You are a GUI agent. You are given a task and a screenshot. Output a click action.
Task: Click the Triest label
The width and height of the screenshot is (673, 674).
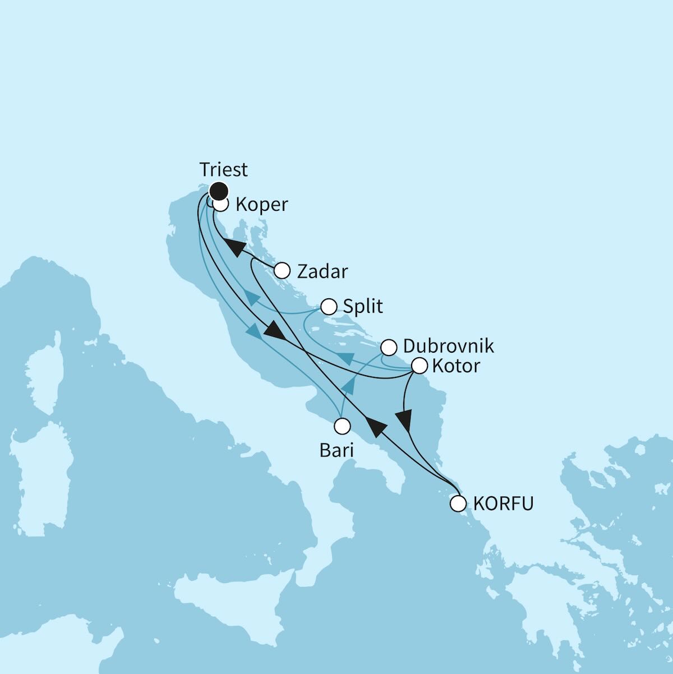point(223,169)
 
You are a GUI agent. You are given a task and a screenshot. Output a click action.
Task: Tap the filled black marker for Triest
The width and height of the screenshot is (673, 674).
point(219,191)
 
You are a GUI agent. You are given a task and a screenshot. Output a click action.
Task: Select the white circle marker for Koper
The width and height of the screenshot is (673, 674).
point(221,205)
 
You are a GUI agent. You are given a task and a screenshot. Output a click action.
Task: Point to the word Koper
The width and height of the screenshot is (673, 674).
point(261,205)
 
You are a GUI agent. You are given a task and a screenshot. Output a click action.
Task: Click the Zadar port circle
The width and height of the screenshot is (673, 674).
point(282,271)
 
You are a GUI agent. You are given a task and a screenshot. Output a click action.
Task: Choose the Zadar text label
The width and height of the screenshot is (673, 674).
point(322,272)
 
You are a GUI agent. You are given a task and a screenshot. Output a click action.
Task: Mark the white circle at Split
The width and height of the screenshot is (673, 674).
point(329,307)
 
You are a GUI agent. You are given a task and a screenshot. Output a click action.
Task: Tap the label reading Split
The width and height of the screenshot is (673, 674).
point(362,307)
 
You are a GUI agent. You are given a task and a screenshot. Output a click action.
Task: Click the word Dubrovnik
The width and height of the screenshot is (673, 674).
point(448,346)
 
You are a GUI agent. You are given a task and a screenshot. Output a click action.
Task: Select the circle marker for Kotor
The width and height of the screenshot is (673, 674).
point(419,366)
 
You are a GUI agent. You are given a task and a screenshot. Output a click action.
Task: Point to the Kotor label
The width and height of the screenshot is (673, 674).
point(456,366)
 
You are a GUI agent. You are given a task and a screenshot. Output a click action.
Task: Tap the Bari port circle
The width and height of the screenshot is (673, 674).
point(341,426)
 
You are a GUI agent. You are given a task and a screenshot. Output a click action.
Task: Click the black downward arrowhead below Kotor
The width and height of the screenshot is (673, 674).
point(404,420)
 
